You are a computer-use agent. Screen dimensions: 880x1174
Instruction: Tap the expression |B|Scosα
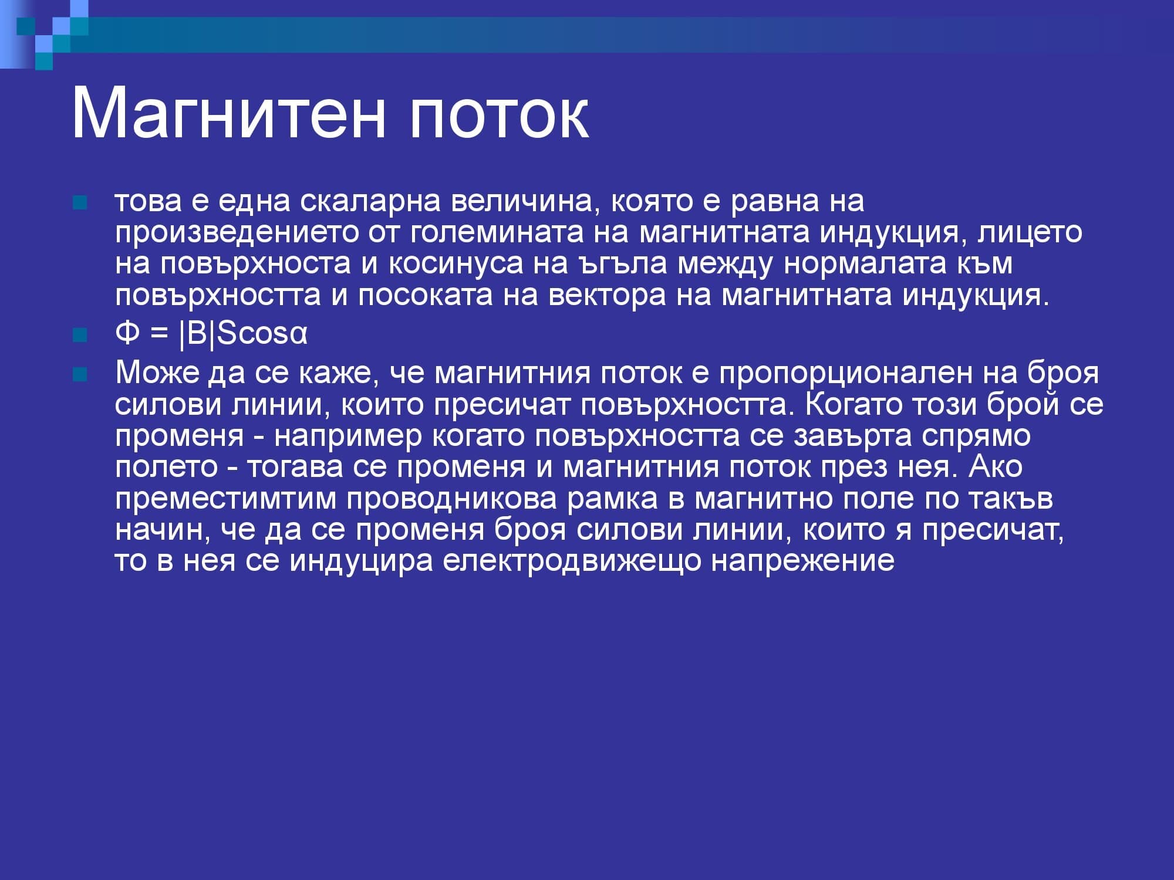243,334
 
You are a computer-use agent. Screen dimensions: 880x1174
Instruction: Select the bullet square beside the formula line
79,335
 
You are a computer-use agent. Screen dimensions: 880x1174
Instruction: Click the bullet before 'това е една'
79,203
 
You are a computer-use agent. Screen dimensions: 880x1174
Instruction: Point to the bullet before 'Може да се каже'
79,374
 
